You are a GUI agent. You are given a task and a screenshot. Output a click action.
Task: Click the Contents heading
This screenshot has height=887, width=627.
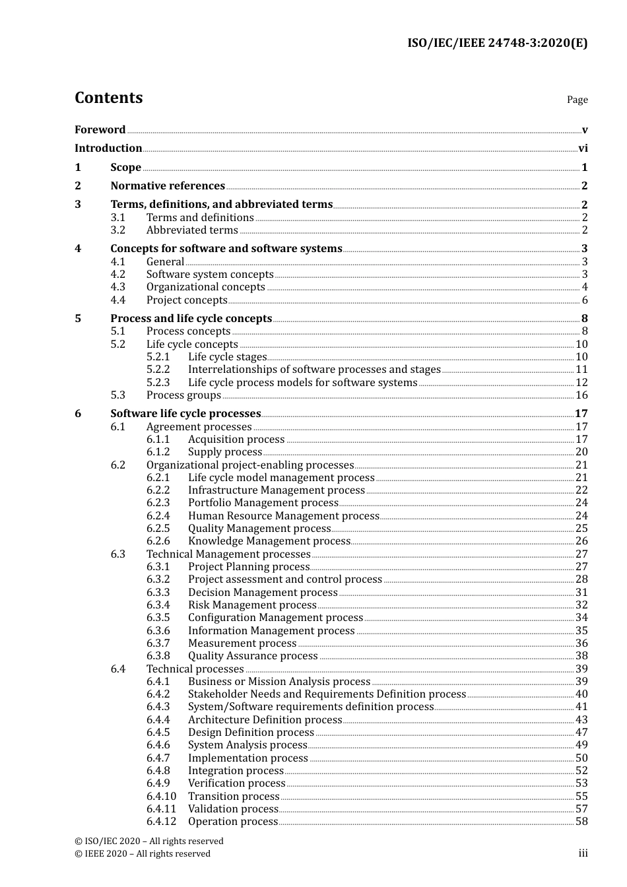(x=108, y=98)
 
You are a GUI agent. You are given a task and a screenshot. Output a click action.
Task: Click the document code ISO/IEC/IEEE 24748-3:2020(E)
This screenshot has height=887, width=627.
(x=497, y=44)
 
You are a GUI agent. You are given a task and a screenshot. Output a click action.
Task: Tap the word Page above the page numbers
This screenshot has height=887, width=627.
(x=577, y=100)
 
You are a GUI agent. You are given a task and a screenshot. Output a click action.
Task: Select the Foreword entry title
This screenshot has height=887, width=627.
(x=100, y=130)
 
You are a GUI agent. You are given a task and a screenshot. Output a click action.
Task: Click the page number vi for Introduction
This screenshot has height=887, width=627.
(x=583, y=148)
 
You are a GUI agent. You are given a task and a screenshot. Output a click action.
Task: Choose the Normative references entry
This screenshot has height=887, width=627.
(x=168, y=186)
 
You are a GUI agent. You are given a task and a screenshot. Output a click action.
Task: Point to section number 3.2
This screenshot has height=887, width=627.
(x=118, y=230)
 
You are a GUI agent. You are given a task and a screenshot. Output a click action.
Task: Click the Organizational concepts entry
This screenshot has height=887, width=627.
(x=205, y=287)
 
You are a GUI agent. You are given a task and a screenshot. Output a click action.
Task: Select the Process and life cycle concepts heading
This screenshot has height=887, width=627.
(x=191, y=319)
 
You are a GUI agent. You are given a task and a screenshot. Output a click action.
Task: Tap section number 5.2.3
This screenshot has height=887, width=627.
(x=158, y=383)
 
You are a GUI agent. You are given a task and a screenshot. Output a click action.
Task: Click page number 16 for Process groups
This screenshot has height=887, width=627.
(x=581, y=395)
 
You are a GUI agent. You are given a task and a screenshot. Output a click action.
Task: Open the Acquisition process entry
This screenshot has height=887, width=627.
(x=236, y=440)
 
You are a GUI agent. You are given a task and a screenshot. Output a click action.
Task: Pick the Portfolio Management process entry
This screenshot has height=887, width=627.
(x=263, y=503)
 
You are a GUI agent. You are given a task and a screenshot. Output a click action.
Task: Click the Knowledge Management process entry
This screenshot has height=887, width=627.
(x=269, y=541)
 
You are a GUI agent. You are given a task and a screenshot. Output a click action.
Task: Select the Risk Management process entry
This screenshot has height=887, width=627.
(x=252, y=605)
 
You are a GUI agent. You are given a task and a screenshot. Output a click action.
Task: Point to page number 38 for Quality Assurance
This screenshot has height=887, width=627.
(x=581, y=656)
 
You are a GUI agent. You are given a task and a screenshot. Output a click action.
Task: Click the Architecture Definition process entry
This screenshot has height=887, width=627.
(x=265, y=720)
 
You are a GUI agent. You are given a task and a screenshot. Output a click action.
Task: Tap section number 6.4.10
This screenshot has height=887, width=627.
(x=161, y=797)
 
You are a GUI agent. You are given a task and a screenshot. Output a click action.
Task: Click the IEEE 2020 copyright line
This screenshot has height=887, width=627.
(x=143, y=854)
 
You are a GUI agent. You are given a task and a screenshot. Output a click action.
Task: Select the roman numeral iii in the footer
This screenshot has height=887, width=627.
(x=583, y=853)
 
